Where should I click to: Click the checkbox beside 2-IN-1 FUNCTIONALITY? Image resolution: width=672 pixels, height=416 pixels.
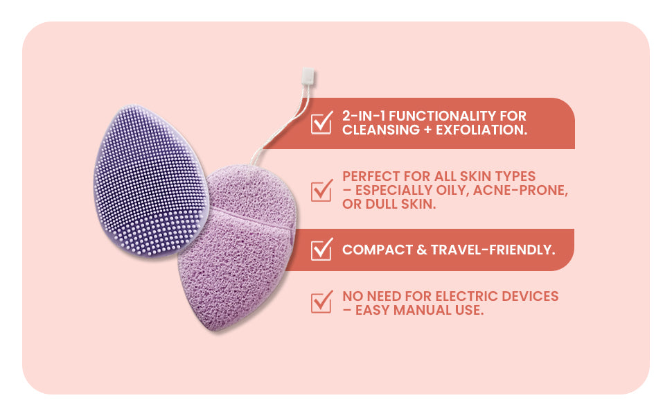click(x=321, y=123)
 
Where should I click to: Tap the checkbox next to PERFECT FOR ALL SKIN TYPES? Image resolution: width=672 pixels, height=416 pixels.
click(x=321, y=190)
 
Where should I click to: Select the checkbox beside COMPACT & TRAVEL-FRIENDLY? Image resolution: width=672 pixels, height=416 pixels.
click(x=321, y=249)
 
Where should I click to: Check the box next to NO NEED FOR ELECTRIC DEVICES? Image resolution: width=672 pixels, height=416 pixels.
click(x=321, y=302)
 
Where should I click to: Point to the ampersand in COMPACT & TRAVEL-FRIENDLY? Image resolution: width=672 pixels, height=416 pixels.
click(x=421, y=249)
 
